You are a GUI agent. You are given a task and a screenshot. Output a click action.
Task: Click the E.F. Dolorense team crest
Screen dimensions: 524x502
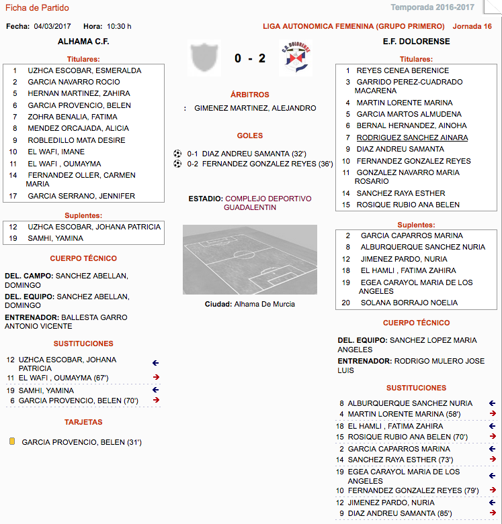[x=295, y=58]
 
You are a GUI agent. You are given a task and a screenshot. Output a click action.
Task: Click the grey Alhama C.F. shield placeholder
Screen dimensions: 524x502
[x=204, y=58]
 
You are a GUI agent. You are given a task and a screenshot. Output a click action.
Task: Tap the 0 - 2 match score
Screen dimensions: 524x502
[x=249, y=58]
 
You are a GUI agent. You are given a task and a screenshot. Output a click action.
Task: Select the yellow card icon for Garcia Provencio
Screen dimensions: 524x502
[x=11, y=442]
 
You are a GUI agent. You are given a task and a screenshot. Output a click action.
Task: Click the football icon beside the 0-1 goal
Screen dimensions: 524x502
[x=177, y=153]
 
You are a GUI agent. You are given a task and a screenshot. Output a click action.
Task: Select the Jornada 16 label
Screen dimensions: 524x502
[x=472, y=26]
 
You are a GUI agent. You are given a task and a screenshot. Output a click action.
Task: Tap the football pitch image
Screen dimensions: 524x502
[x=249, y=259]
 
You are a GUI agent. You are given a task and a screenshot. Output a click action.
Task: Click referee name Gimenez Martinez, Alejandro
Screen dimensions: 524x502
[x=255, y=107]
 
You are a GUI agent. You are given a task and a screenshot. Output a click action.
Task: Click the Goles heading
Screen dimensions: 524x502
[x=250, y=136]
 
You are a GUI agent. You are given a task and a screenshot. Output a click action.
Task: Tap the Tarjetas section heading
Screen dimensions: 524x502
[x=83, y=422]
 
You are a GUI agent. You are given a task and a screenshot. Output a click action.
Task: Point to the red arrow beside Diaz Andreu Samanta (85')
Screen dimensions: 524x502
[x=492, y=513]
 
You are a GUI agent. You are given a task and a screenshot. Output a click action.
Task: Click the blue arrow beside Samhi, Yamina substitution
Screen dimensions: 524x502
[x=156, y=390]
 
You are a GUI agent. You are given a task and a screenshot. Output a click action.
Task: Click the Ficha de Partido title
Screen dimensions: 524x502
[x=37, y=7]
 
